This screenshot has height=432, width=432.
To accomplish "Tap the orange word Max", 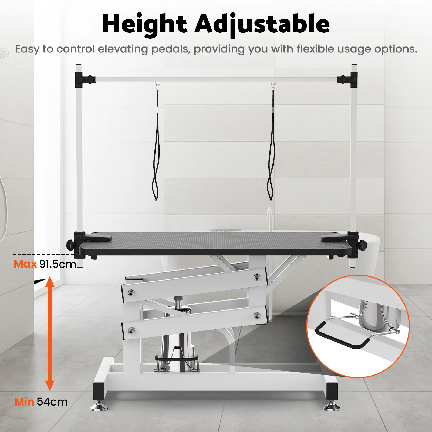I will coord(25,264).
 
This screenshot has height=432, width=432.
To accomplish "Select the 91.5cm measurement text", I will coord(58,264).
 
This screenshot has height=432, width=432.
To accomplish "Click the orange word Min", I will coord(24,402).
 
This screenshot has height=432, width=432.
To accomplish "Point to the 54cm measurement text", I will coord(52,402).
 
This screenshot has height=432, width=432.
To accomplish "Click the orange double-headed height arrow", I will coord(50,333).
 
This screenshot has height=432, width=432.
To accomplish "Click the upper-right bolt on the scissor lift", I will coord(257,277).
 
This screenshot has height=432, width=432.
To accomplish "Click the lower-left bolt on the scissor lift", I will coord(131,330).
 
